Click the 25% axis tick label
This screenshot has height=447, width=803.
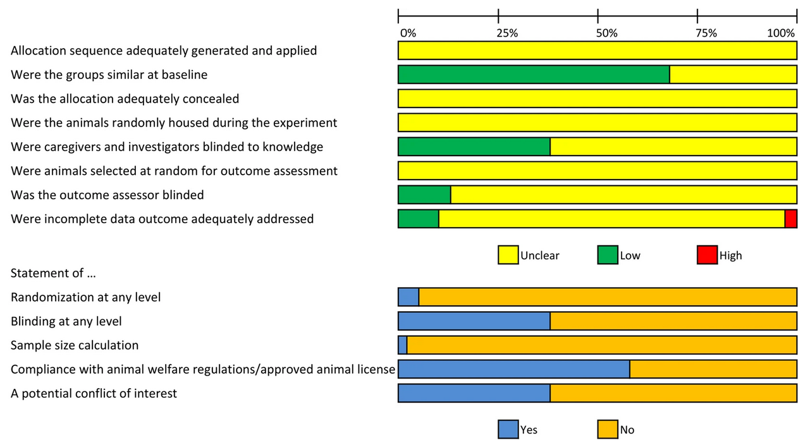507,33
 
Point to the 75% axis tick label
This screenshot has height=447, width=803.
706,33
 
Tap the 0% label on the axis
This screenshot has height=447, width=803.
408,33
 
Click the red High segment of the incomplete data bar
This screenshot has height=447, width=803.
790,219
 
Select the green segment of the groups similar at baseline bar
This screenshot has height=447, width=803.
534,75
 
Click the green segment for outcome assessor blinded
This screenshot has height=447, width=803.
424,195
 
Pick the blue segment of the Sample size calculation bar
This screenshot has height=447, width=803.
402,345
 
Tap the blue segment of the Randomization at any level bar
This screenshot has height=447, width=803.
408,297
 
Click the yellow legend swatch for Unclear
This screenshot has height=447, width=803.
508,255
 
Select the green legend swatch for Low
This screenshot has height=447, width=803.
608,255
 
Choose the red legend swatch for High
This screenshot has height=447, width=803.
707,255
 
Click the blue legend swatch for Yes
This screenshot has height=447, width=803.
508,430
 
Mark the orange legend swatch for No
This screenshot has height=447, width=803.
608,430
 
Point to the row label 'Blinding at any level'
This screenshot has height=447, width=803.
66,321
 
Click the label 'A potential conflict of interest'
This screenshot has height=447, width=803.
94,393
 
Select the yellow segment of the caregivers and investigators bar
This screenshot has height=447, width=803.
673,147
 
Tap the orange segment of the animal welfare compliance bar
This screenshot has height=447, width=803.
713,369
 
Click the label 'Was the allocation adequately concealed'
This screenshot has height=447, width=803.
125,99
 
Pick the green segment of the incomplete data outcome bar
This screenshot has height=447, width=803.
418,219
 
